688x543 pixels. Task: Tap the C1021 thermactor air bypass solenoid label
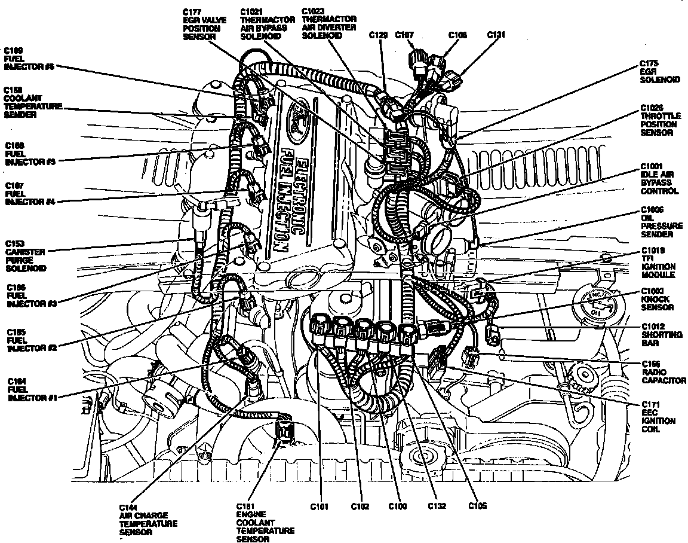(x=263, y=24)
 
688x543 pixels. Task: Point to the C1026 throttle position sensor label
(x=659, y=120)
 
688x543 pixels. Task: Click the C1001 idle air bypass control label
(x=659, y=179)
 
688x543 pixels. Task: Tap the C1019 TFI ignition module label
(x=658, y=263)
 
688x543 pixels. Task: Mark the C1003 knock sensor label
(x=657, y=299)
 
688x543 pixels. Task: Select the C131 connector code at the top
(x=496, y=35)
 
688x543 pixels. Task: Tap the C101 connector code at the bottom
(x=320, y=507)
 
